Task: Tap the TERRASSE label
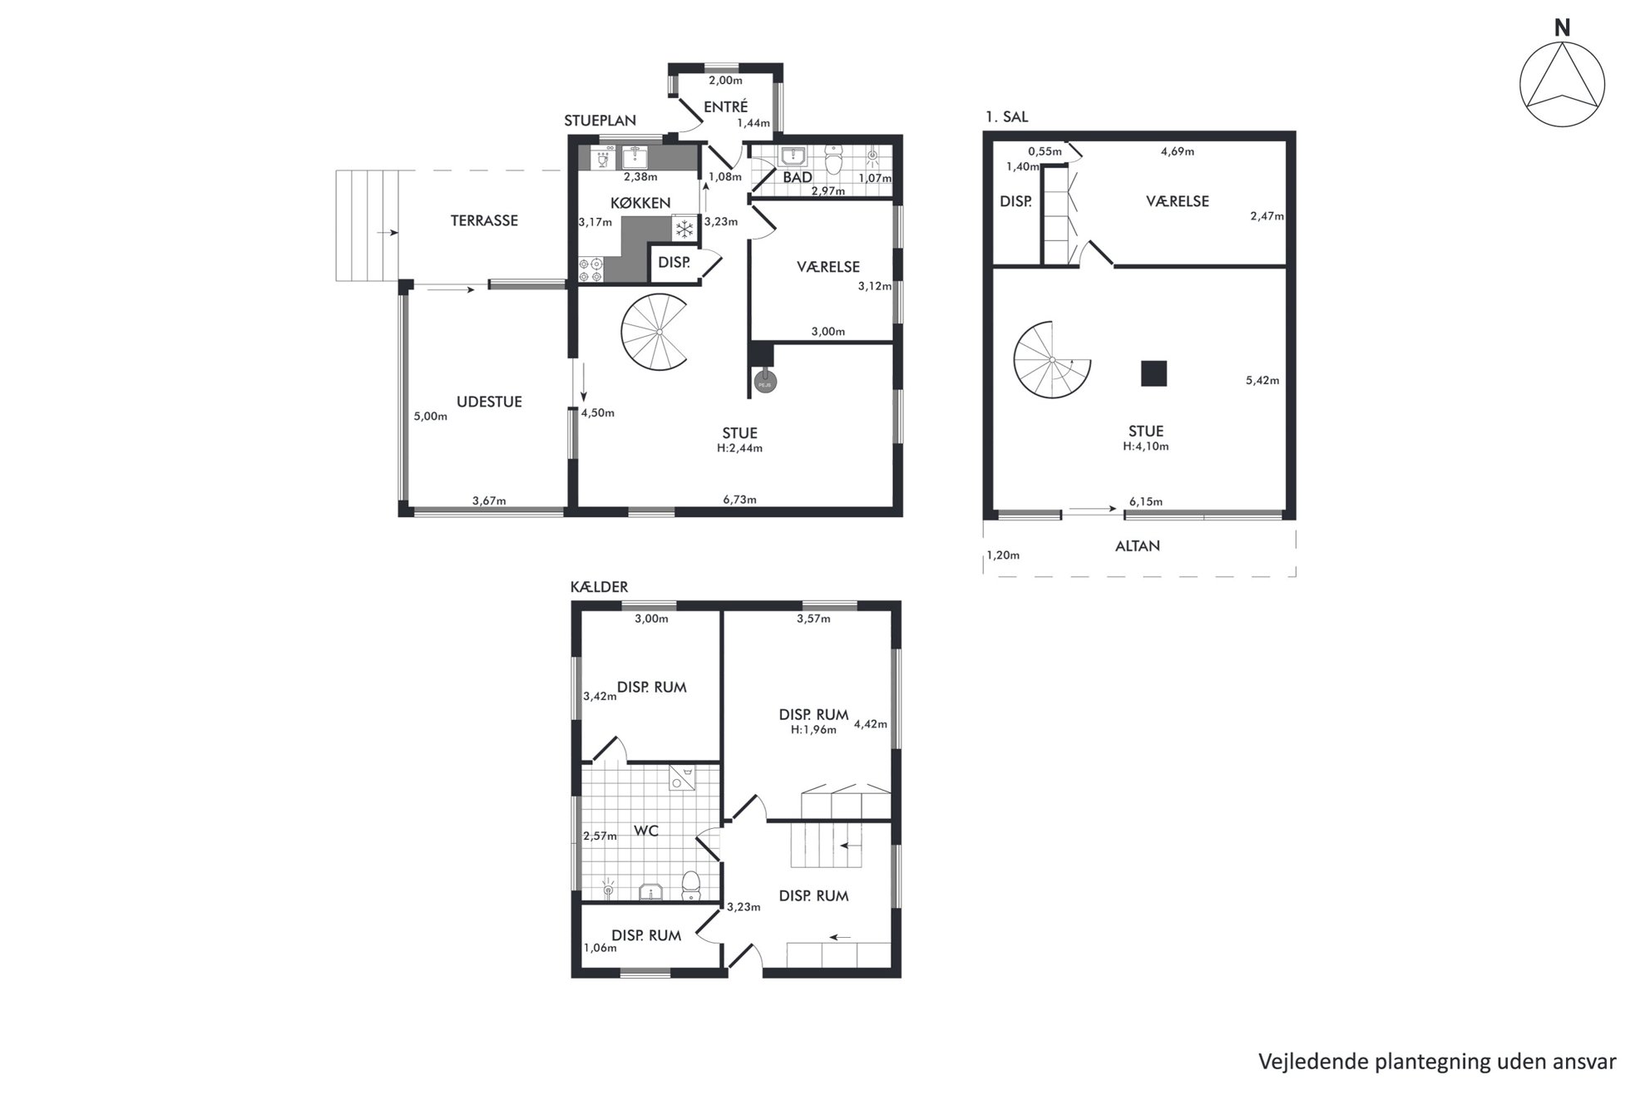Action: (484, 220)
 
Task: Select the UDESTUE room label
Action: (489, 402)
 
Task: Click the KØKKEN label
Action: (640, 203)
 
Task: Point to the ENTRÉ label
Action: (726, 106)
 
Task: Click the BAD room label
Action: (798, 177)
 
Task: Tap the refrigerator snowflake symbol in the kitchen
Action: (684, 229)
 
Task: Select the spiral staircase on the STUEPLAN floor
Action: (656, 333)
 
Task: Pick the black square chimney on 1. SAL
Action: (1154, 373)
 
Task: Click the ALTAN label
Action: (1138, 546)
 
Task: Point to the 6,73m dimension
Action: (739, 500)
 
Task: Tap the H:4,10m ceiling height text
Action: (1146, 446)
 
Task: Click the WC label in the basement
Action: (646, 831)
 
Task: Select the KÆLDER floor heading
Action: (599, 587)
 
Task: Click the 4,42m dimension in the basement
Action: (871, 723)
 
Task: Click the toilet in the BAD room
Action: (833, 157)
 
